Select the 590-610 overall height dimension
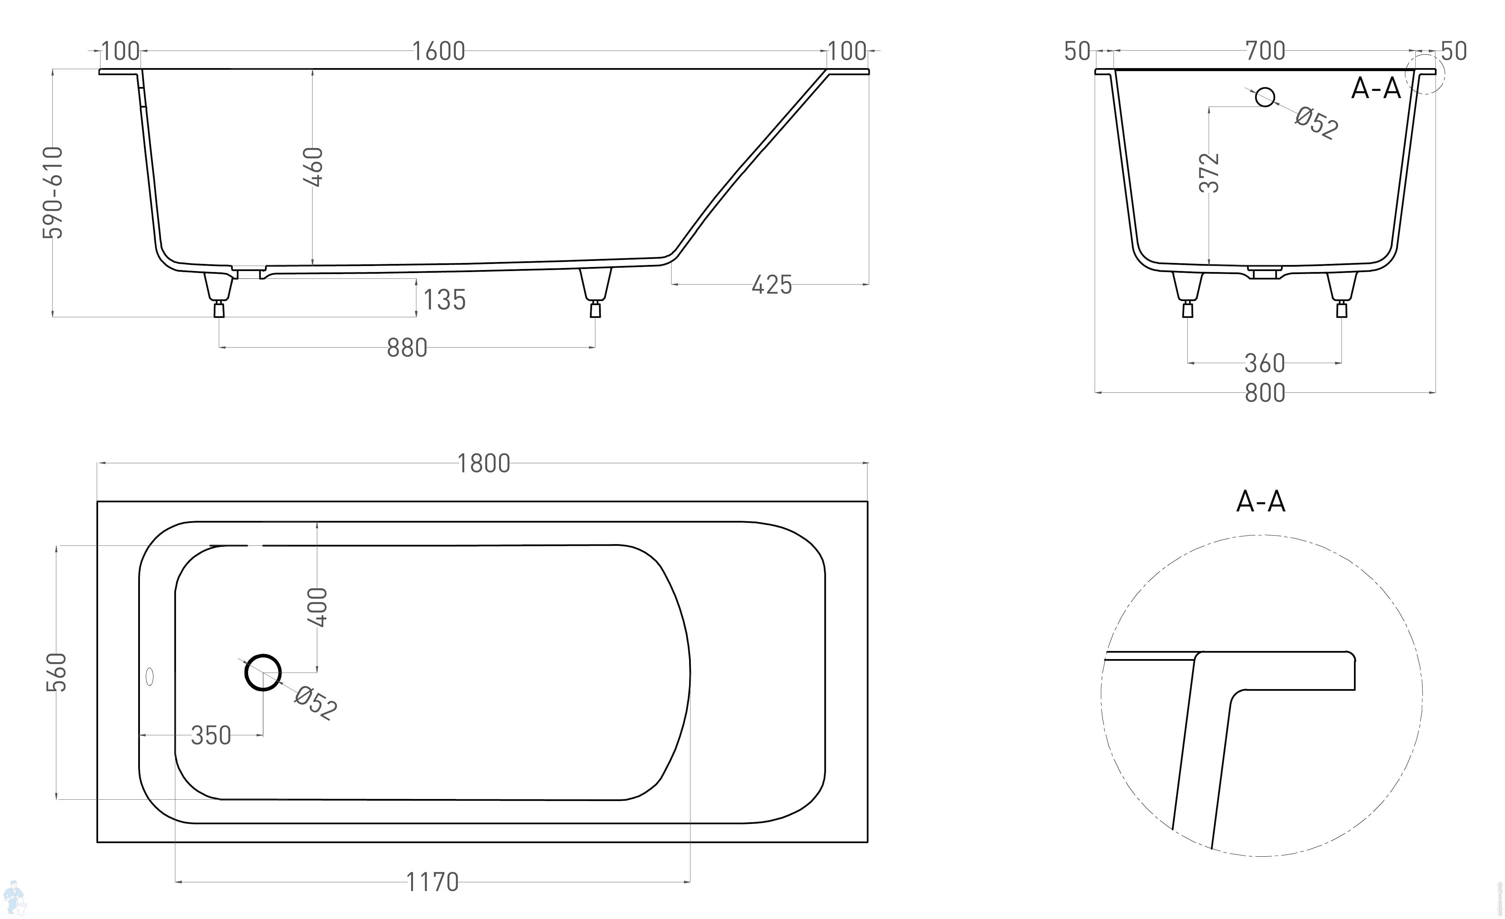click(53, 192)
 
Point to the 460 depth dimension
click(313, 166)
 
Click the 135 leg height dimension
click(445, 300)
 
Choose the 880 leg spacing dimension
click(407, 348)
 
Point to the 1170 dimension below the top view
click(433, 882)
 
